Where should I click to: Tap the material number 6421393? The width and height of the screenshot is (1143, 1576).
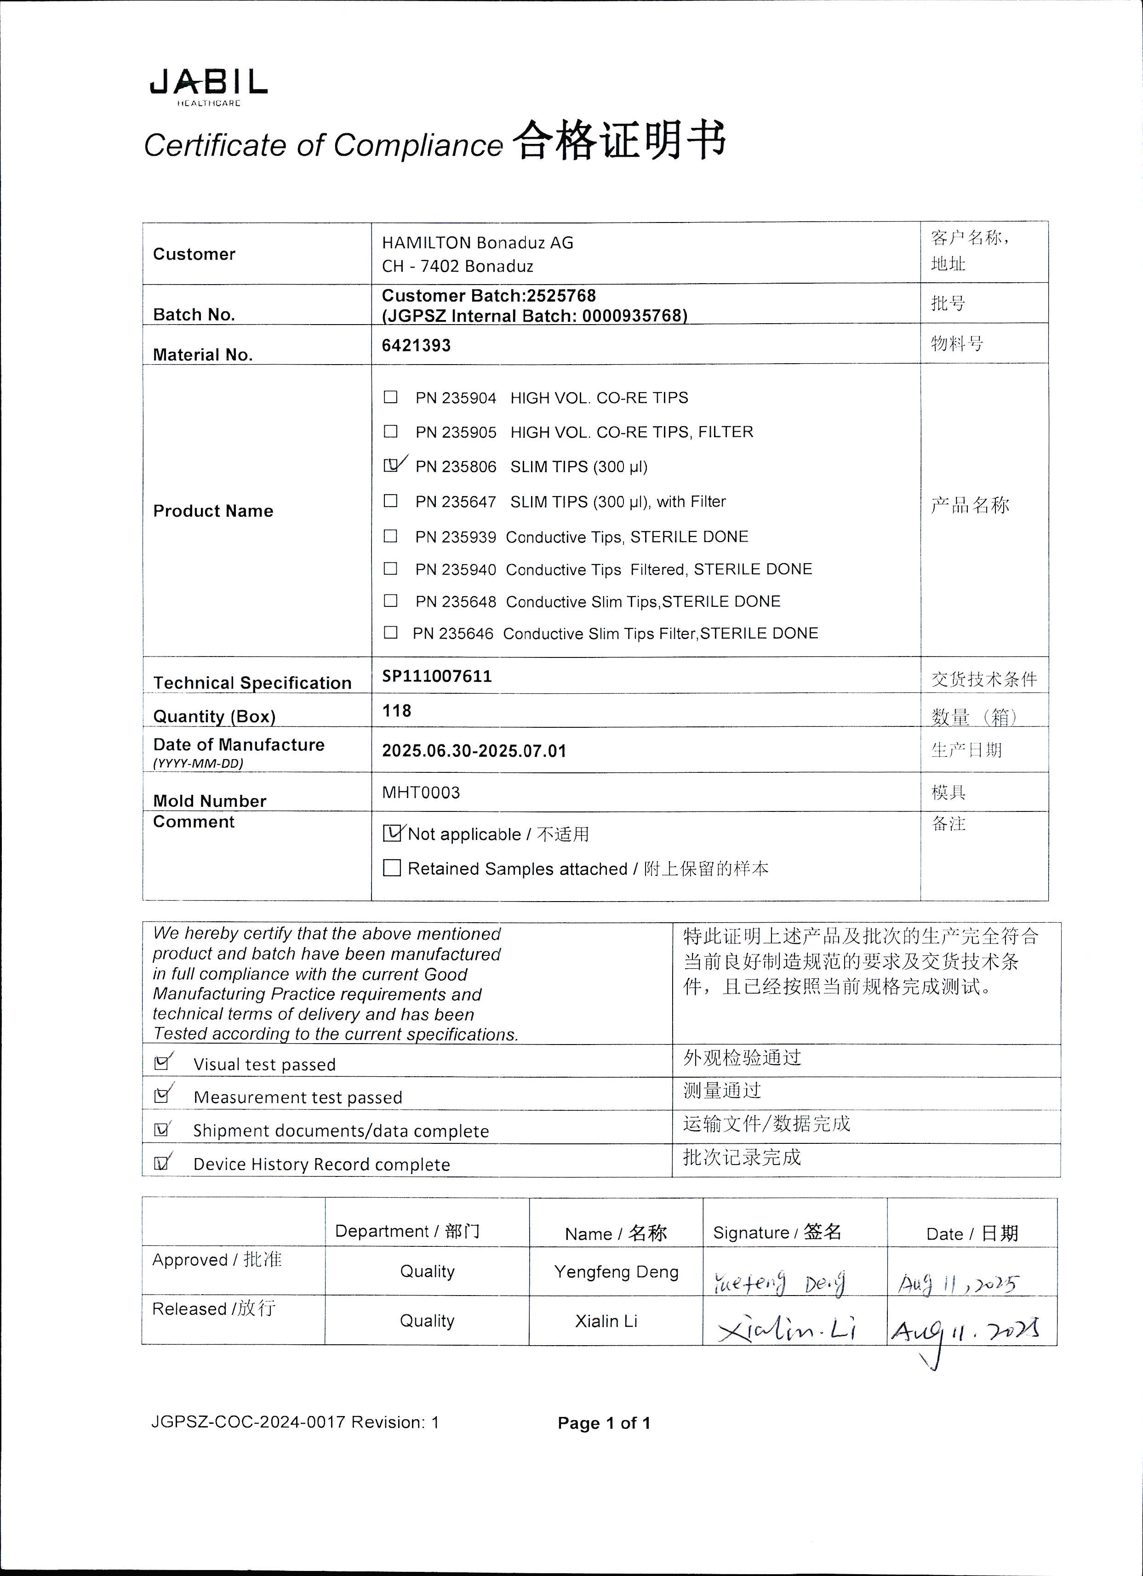(416, 345)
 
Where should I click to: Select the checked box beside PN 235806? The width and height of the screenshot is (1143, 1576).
(391, 466)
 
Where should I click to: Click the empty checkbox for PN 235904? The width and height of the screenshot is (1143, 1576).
(390, 397)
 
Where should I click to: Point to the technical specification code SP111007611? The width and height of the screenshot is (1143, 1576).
(437, 676)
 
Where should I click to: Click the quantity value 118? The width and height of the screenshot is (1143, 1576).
(397, 710)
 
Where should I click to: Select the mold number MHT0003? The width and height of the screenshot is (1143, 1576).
(421, 792)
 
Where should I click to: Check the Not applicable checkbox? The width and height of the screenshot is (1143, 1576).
(392, 833)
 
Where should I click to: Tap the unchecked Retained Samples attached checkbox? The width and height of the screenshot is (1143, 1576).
(392, 868)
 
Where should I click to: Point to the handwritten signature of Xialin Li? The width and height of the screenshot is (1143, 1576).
(787, 1329)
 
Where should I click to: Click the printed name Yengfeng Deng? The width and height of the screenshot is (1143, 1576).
(616, 1272)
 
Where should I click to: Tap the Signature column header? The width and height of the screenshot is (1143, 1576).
(777, 1232)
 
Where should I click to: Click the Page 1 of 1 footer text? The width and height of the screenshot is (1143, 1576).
(604, 1423)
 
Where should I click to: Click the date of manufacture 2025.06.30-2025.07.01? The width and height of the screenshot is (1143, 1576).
(474, 750)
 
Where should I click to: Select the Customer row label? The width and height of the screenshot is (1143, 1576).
(194, 254)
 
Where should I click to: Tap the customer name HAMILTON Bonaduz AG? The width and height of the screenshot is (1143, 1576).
(477, 243)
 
